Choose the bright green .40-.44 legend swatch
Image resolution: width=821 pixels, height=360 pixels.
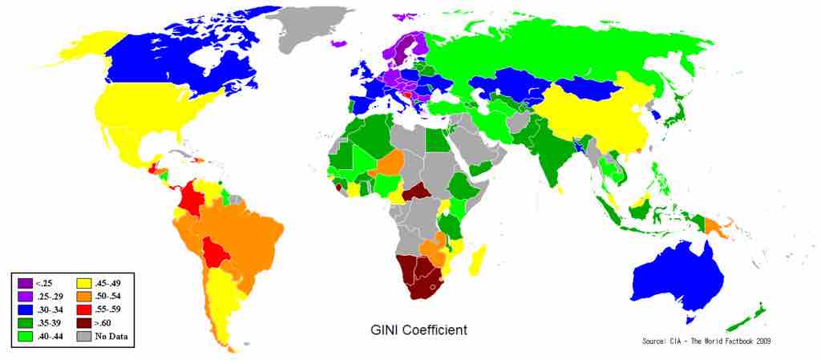coord(24,337)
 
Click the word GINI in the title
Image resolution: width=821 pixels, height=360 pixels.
coord(386,330)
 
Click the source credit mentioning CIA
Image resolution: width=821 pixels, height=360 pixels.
coord(706,342)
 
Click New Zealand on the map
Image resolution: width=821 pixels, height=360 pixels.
coord(750,316)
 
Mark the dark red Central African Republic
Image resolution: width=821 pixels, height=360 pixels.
coord(418,192)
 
